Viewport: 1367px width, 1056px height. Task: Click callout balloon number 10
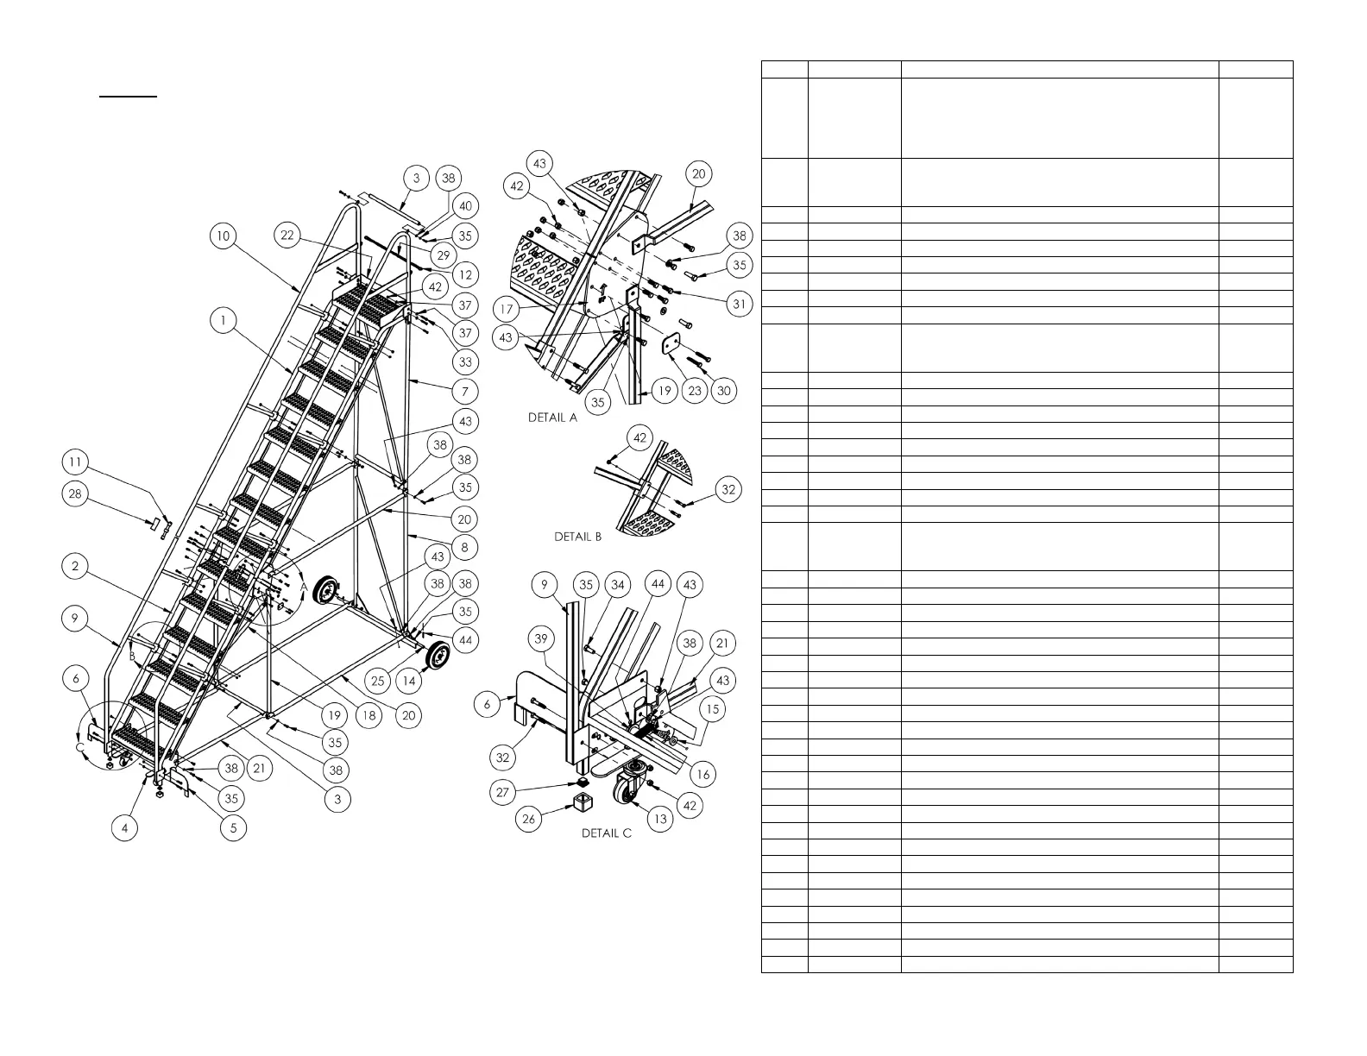tap(224, 236)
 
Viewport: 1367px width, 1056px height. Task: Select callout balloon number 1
tap(224, 320)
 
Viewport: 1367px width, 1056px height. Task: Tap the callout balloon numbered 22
tap(287, 236)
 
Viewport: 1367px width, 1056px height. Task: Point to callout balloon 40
tap(466, 206)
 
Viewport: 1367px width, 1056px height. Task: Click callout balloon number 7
tap(465, 392)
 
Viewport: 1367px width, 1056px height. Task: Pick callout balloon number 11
tap(76, 462)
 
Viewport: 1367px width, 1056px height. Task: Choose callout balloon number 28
tap(76, 493)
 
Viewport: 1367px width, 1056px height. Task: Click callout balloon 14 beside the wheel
tap(409, 680)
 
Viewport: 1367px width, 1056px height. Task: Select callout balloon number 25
tap(378, 681)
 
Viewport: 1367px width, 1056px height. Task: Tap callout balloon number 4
tap(125, 828)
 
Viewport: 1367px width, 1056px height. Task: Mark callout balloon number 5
tap(233, 828)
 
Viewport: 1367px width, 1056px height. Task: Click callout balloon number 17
tap(507, 308)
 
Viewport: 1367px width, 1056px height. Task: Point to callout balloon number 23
tap(695, 391)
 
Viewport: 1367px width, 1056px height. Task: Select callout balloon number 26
tap(529, 818)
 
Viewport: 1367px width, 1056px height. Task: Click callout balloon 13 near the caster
tap(660, 818)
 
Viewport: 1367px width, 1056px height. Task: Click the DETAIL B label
tap(577, 537)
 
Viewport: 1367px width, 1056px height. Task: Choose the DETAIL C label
tap(606, 834)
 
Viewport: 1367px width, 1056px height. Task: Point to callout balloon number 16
tap(702, 774)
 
